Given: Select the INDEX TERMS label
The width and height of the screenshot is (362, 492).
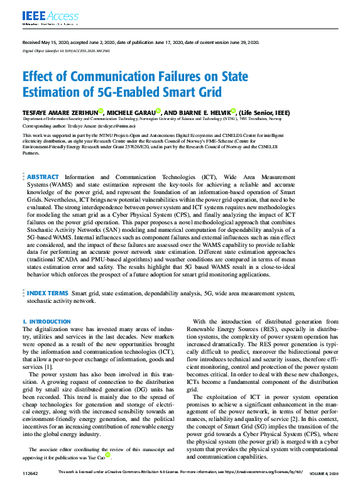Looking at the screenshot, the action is pyautogui.click(x=47, y=293).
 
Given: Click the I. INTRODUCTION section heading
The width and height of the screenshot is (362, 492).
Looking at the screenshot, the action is pyautogui.click(x=47, y=321).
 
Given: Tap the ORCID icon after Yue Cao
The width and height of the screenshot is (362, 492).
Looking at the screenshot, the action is pyautogui.click(x=107, y=454).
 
